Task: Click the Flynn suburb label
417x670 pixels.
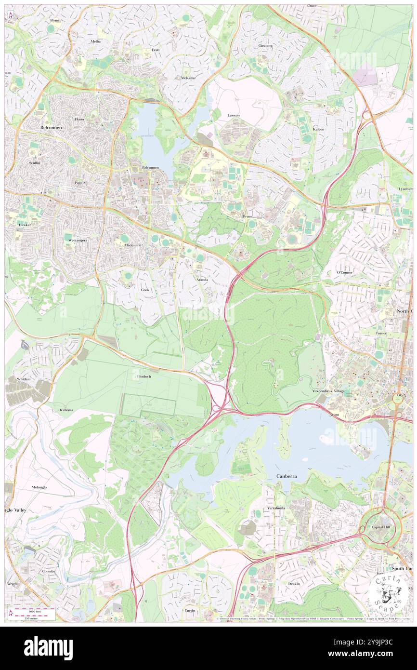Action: (x=54, y=21)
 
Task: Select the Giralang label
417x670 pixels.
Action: (x=265, y=46)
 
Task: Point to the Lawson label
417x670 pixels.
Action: (x=234, y=116)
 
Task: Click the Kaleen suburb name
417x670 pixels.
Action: (x=318, y=129)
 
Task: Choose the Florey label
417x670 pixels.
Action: (x=79, y=119)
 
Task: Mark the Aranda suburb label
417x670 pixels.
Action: (x=201, y=280)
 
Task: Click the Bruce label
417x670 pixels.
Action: (x=248, y=217)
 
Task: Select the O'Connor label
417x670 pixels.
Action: (x=344, y=272)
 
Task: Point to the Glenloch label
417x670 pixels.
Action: (x=144, y=376)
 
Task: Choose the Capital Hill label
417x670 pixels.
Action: (x=380, y=527)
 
